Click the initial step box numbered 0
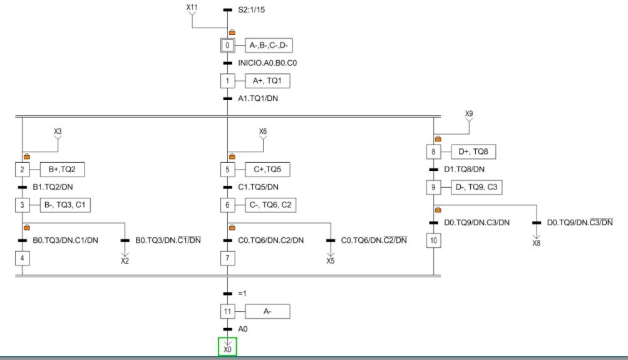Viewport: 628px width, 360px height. pyautogui.click(x=227, y=46)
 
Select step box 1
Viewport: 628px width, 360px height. pyautogui.click(x=227, y=81)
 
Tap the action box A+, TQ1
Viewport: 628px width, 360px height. pyautogui.click(x=267, y=81)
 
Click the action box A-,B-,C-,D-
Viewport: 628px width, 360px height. pyautogui.click(x=270, y=46)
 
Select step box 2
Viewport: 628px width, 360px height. pyautogui.click(x=22, y=169)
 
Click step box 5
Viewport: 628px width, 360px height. pyautogui.click(x=227, y=169)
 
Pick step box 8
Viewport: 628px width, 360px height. pyautogui.click(x=433, y=152)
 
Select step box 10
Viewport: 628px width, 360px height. pyautogui.click(x=433, y=240)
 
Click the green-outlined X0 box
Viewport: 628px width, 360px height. pyautogui.click(x=227, y=347)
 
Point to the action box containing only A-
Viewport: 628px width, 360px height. pyautogui.click(x=267, y=311)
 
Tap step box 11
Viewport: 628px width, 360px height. pyautogui.click(x=227, y=311)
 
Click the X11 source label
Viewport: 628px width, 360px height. pyautogui.click(x=192, y=7)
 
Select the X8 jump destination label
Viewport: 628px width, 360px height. pyautogui.click(x=537, y=244)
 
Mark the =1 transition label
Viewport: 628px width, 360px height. pyautogui.click(x=244, y=294)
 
